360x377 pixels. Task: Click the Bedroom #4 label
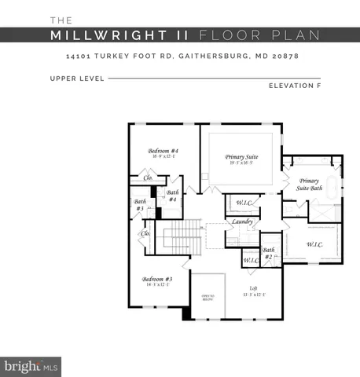pyautogui.click(x=164, y=151)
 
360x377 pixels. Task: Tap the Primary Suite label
pyautogui.click(x=241, y=157)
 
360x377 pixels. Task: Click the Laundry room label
pyautogui.click(x=241, y=221)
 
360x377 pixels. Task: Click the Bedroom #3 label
pyautogui.click(x=157, y=280)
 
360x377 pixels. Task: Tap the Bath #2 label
pyautogui.click(x=268, y=253)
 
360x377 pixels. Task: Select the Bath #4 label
pyautogui.click(x=172, y=196)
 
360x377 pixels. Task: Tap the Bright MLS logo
pyautogui.click(x=31, y=366)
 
